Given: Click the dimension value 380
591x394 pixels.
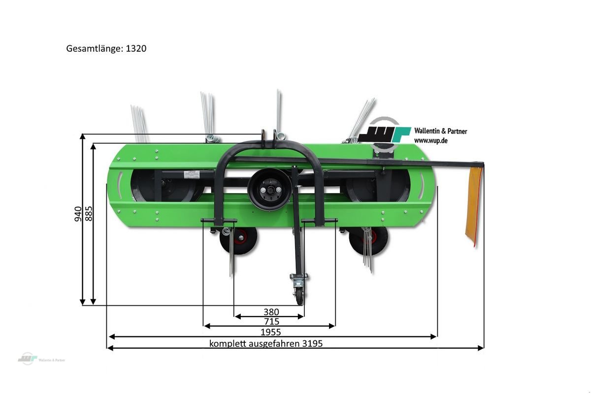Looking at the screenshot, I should click(x=271, y=312).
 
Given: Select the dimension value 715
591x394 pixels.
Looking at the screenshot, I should click(x=271, y=322).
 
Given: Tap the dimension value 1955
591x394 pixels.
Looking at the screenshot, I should click(x=270, y=332).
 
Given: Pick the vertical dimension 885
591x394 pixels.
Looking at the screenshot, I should click(x=89, y=213).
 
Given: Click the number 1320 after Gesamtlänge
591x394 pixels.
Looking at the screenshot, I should click(x=135, y=49).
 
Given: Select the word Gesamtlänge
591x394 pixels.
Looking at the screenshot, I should click(x=93, y=49).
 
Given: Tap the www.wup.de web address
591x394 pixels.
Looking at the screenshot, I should click(x=431, y=140).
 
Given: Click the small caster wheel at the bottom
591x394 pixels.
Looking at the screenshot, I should click(x=299, y=295).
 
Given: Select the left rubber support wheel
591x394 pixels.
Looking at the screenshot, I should click(x=239, y=240).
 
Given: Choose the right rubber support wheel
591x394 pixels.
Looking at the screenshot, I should click(x=368, y=240).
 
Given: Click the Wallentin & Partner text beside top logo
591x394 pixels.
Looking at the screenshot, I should click(x=440, y=131).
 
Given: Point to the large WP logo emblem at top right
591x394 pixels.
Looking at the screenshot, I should click(x=385, y=134).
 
